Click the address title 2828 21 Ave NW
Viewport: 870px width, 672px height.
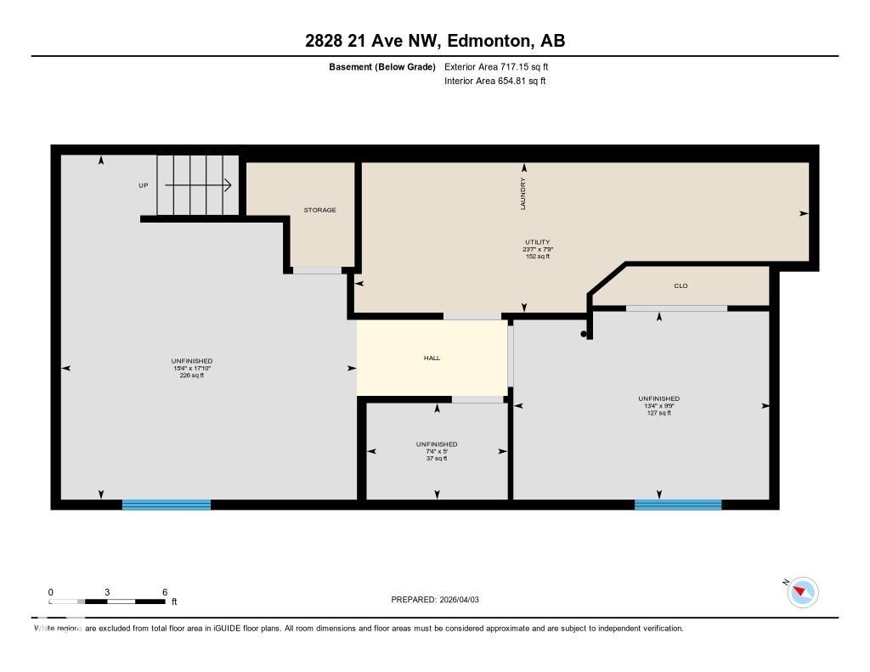[435, 41]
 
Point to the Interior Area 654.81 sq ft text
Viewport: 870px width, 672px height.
[494, 82]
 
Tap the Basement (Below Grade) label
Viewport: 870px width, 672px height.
[382, 66]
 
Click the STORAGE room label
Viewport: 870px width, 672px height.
[320, 210]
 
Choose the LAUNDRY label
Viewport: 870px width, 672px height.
[523, 194]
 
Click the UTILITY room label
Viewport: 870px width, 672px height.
[538, 242]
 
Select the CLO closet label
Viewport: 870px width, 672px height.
[681, 286]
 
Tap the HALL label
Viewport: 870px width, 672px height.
[432, 359]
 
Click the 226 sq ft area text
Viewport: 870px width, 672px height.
[191, 375]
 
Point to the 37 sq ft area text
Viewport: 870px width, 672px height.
[437, 458]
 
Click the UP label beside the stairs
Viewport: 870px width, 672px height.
[144, 185]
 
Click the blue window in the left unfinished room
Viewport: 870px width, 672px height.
[167, 505]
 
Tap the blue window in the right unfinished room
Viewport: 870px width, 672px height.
[678, 505]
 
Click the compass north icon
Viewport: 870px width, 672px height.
[802, 592]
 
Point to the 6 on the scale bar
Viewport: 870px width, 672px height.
[165, 592]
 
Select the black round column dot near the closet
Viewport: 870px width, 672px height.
[584, 334]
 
